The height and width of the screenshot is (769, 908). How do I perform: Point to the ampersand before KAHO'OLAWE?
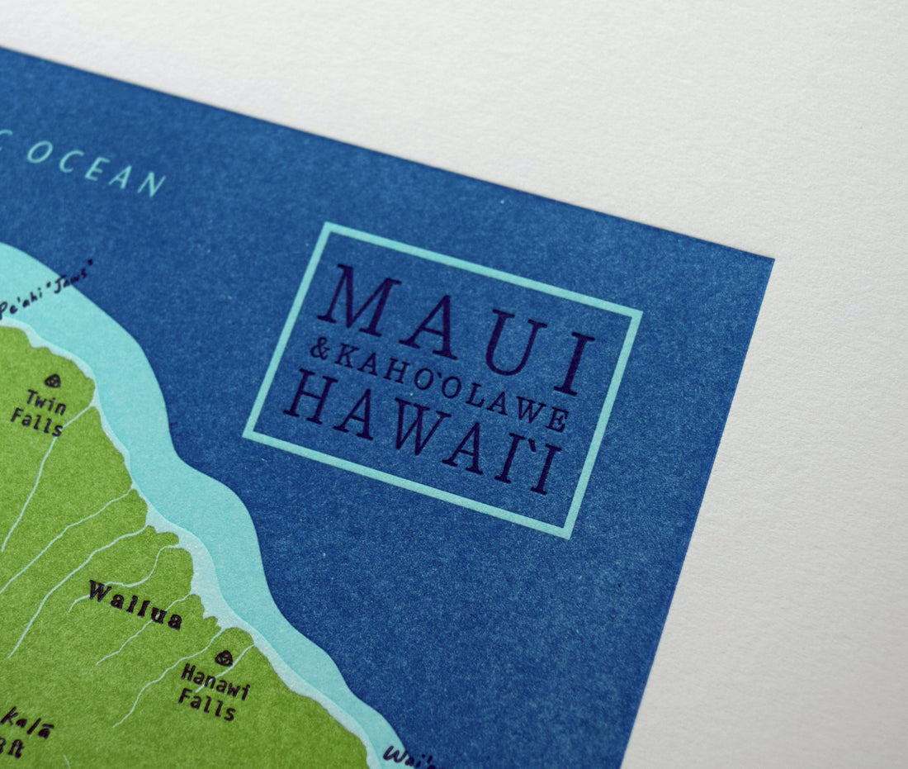318,351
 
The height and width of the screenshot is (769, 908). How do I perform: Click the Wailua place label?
135,605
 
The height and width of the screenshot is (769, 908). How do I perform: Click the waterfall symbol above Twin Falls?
53,381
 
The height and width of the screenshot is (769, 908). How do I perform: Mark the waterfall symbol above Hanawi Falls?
223,657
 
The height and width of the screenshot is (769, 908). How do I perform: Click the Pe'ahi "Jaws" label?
45,289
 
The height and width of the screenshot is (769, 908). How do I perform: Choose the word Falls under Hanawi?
206,707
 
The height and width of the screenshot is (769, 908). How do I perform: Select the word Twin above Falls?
46,398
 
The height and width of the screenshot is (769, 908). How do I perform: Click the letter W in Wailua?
101,591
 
